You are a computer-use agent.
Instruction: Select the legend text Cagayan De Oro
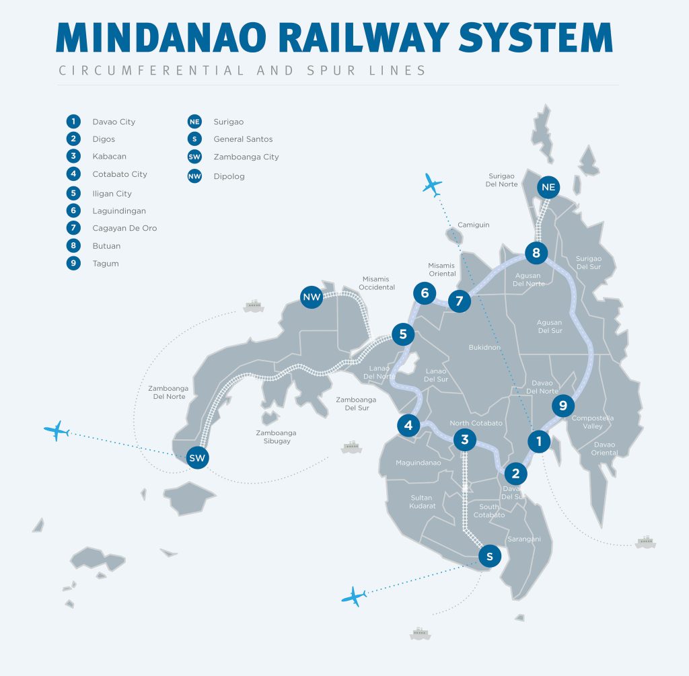124,228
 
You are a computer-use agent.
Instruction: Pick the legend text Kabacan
109,157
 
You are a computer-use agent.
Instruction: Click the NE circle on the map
548,187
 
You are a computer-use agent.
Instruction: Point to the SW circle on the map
197,458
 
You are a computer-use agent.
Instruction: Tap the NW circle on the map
312,297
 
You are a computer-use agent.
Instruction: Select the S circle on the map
490,556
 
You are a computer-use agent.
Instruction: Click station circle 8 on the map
536,253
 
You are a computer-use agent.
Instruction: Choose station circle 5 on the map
402,334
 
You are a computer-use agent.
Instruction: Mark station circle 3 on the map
464,441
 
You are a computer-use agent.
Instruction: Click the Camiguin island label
474,225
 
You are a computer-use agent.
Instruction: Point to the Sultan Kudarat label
423,502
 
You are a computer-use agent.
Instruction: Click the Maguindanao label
418,463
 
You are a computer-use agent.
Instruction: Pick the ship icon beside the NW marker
252,306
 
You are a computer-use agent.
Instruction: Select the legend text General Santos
243,139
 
